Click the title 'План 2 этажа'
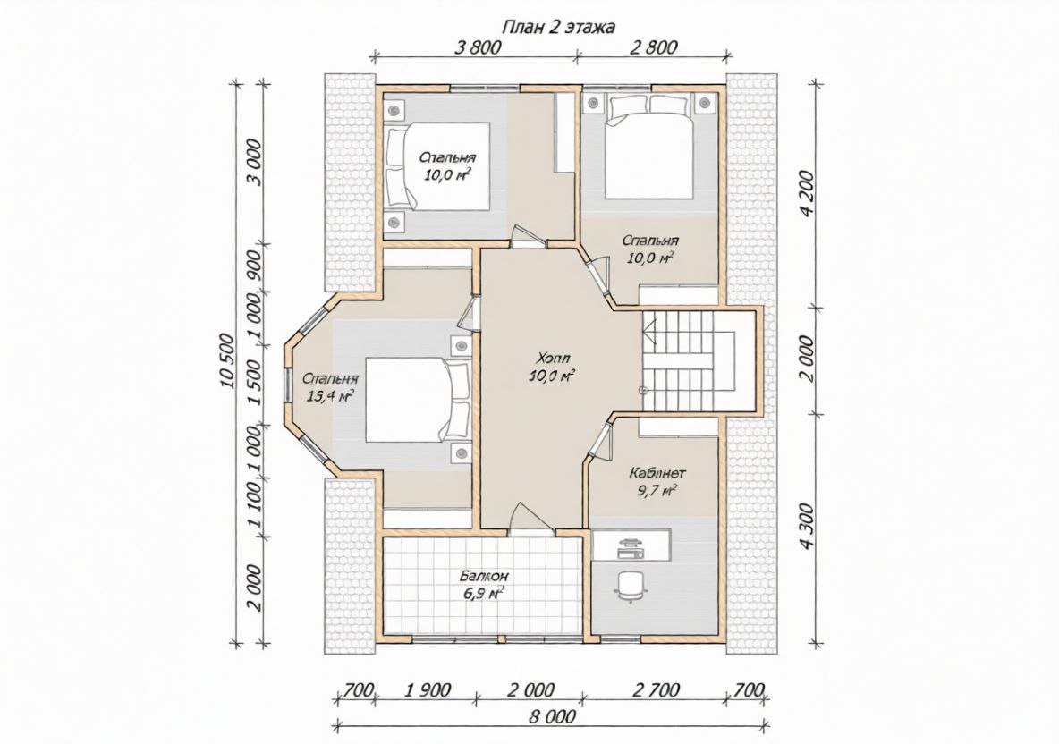[x=558, y=27]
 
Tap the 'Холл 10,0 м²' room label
[x=552, y=367]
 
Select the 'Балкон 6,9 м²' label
[x=484, y=586]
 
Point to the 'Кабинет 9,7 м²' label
[x=653, y=481]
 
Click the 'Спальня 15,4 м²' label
[x=330, y=387]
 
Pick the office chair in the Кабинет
[x=631, y=586]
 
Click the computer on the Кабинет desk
[x=631, y=548]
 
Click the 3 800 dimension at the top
[x=478, y=47]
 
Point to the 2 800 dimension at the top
[x=653, y=47]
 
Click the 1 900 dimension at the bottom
[x=427, y=690]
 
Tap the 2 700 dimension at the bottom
[x=655, y=690]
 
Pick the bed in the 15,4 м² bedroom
[x=418, y=401]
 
